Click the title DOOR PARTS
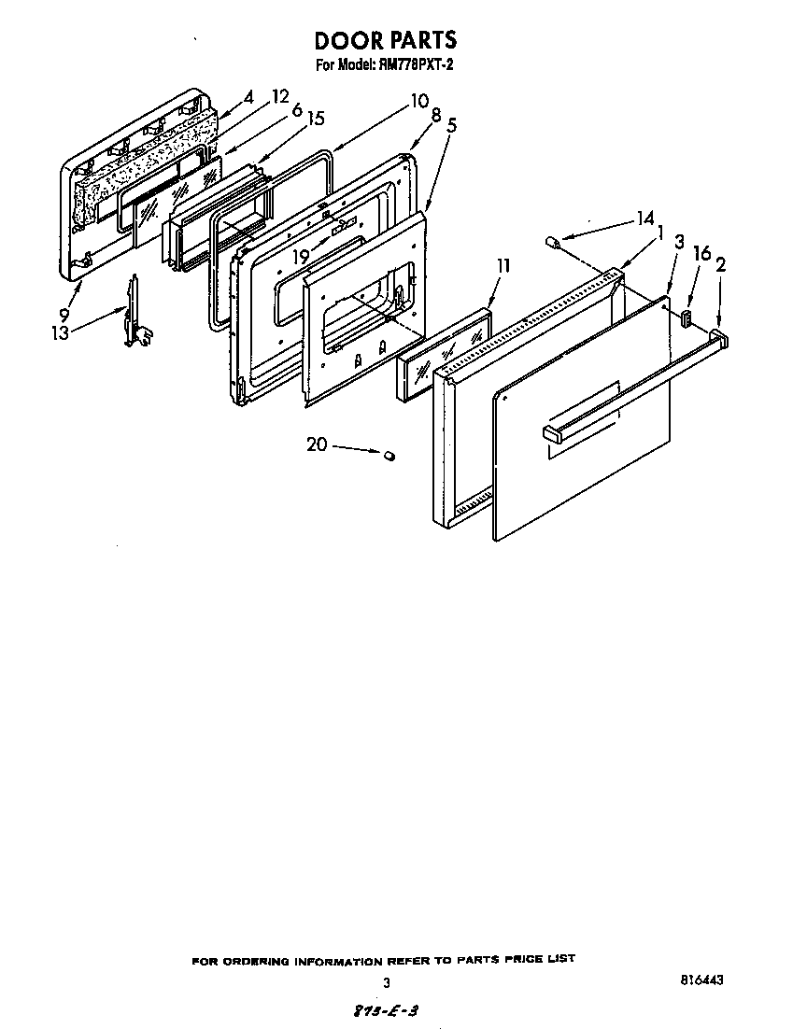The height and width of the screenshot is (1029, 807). (x=385, y=40)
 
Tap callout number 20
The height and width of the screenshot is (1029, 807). (x=317, y=444)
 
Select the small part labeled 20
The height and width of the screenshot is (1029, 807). (x=390, y=455)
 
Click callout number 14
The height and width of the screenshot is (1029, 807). (x=644, y=218)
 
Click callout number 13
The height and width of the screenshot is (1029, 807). (x=61, y=331)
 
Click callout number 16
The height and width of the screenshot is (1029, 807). (x=702, y=253)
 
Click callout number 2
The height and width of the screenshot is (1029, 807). (x=720, y=264)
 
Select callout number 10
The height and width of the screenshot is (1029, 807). (x=418, y=100)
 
